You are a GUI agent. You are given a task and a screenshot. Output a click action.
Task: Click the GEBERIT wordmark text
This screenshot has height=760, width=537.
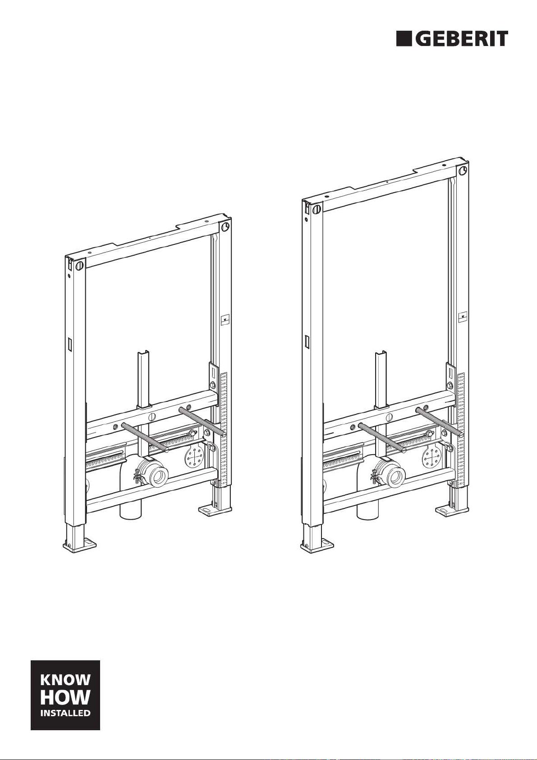(x=462, y=39)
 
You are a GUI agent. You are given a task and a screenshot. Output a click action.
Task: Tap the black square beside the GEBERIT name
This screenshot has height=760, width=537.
(x=404, y=39)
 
